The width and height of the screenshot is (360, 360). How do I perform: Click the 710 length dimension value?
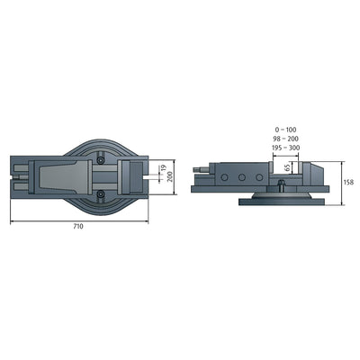tap(78, 227)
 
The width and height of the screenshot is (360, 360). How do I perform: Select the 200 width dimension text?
tap(170, 176)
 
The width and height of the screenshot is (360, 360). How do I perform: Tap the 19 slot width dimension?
tap(163, 167)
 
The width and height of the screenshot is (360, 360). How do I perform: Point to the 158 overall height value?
tap(349, 182)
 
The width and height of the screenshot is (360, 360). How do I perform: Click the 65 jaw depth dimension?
tap(288, 167)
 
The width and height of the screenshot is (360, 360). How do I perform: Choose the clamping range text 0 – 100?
tap(285, 130)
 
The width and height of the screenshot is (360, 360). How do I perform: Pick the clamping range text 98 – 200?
tap(285, 139)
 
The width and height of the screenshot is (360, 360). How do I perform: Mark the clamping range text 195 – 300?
tap(285, 148)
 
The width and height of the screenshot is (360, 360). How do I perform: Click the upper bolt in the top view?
tap(100, 161)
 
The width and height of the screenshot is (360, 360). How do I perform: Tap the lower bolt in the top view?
tap(100, 193)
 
